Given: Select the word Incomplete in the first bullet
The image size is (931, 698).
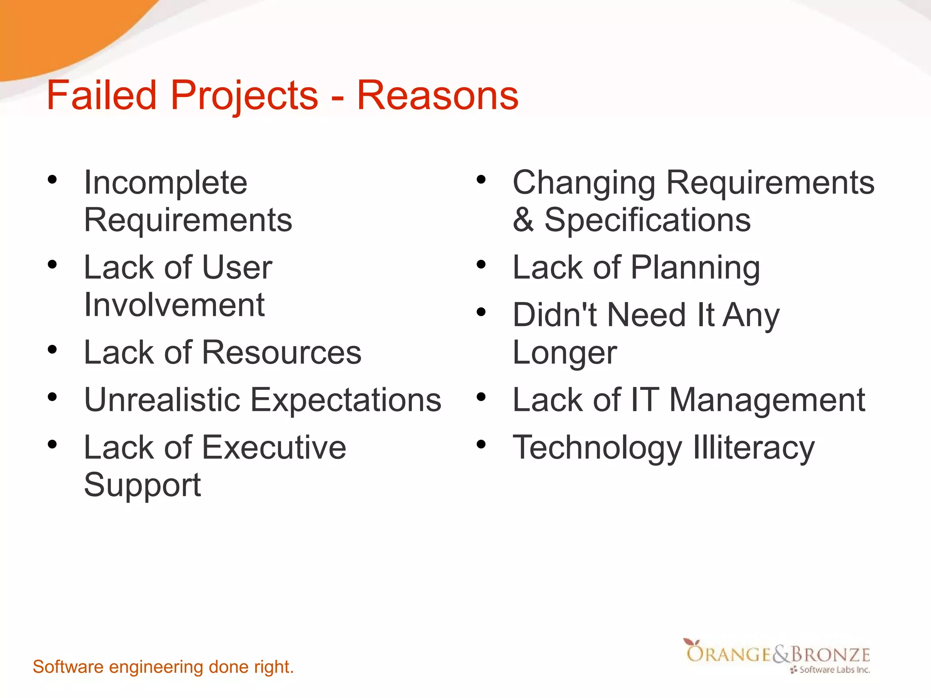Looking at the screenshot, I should [x=165, y=183].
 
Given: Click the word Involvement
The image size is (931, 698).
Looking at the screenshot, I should [x=174, y=304].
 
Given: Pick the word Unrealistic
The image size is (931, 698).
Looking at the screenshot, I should [x=162, y=400].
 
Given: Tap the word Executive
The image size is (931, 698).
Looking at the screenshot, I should [x=274, y=448].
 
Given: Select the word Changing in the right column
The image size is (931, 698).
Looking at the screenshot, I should [x=584, y=183].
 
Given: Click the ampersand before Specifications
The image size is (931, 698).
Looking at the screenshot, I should [x=523, y=220].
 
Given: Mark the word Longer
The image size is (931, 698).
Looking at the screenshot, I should [x=565, y=354].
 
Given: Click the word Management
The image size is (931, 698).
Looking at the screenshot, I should [x=767, y=400].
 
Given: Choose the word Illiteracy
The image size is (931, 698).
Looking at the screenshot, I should [x=754, y=448].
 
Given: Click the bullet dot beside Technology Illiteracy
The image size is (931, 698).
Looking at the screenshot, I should [x=481, y=444].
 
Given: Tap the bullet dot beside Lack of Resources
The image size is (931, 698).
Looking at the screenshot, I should [x=52, y=349].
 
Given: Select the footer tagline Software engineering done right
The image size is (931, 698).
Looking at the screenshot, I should [x=163, y=667].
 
